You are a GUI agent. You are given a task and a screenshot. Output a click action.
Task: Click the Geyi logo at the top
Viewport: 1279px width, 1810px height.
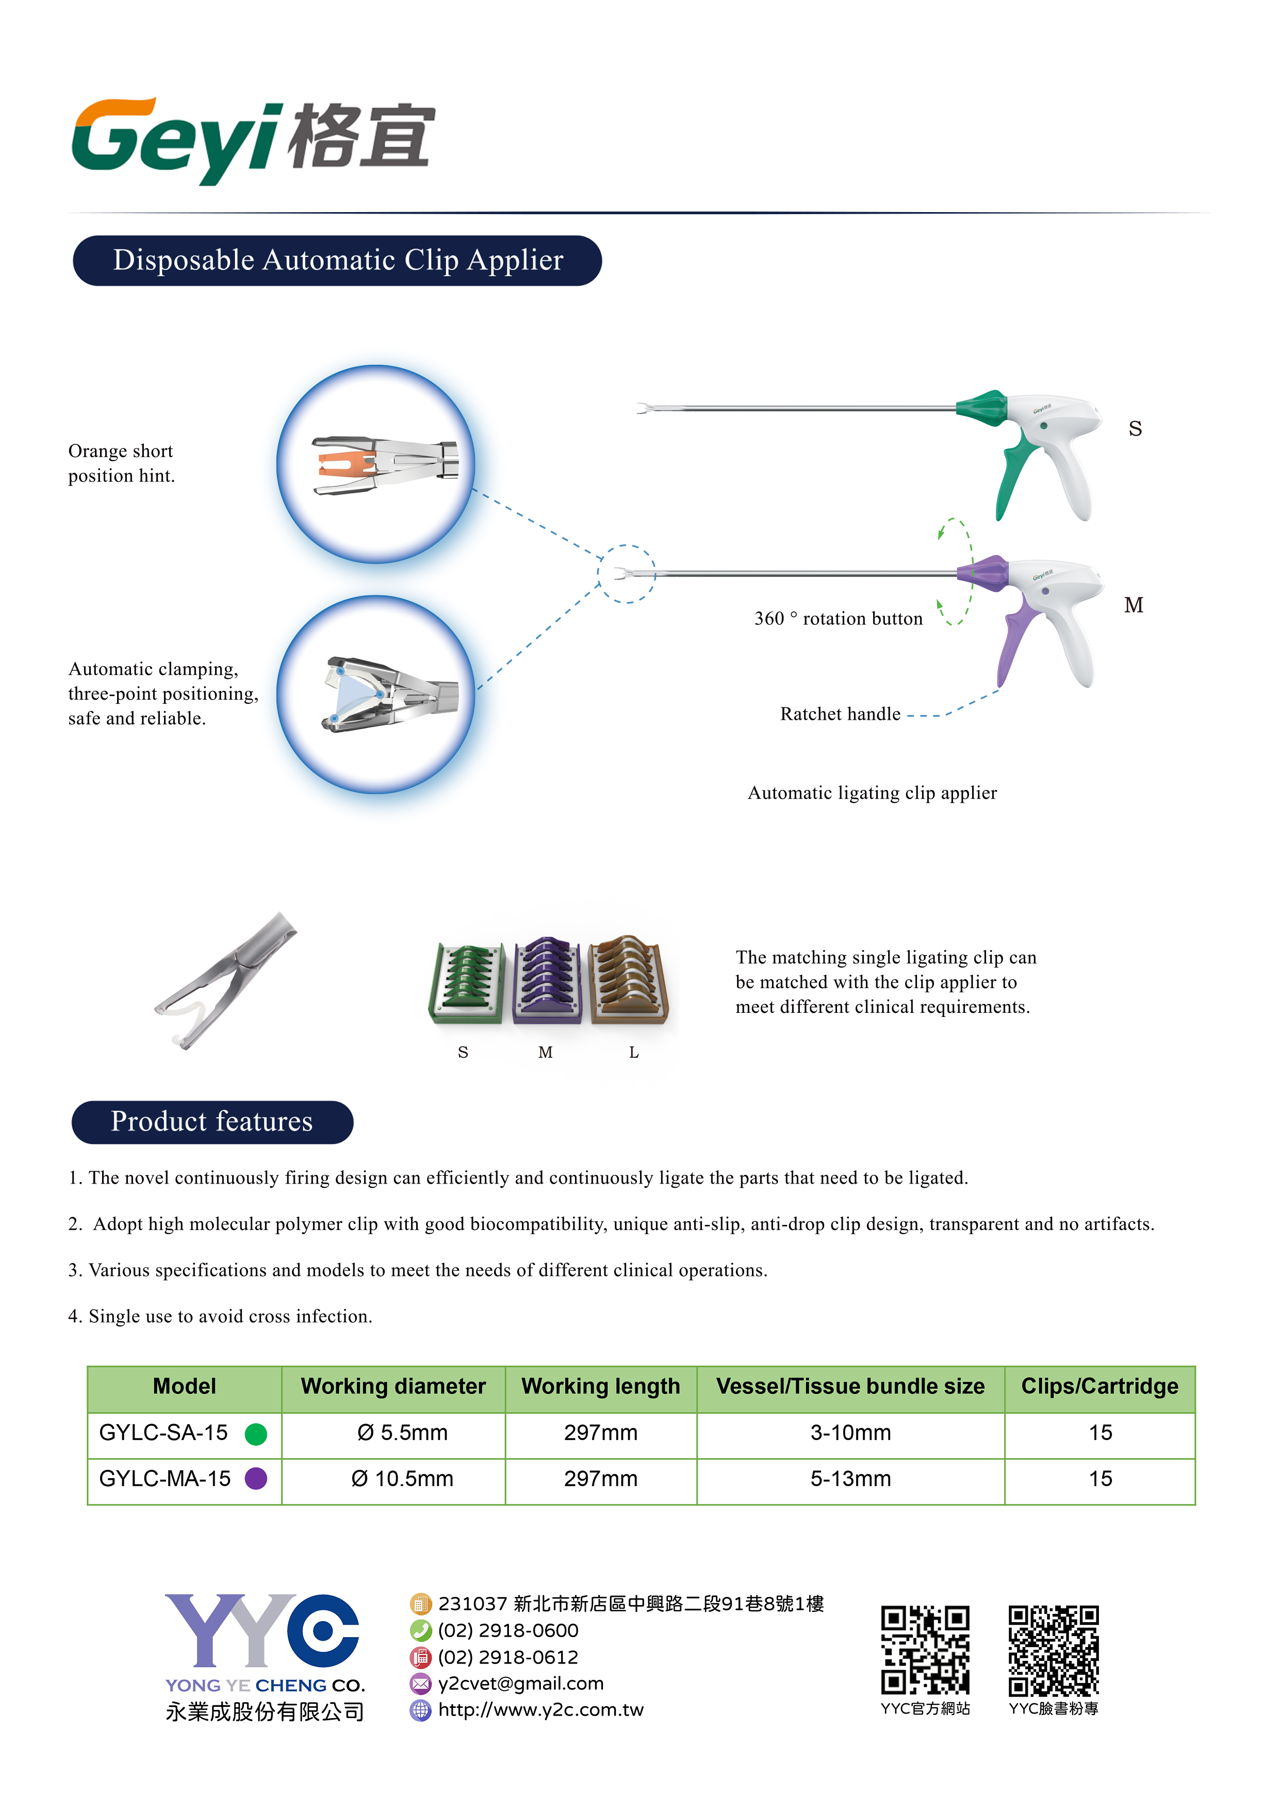pyautogui.click(x=252, y=140)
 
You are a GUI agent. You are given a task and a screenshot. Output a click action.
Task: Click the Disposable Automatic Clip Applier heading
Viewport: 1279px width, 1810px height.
pyautogui.click(x=337, y=260)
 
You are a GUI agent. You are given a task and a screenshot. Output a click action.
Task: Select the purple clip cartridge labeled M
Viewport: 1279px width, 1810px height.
pyautogui.click(x=548, y=981)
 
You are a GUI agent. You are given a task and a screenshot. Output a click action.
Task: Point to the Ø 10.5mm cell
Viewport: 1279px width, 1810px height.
pyautogui.click(x=402, y=1479)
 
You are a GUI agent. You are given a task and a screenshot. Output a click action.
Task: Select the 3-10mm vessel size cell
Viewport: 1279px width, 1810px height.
pyautogui.click(x=850, y=1433)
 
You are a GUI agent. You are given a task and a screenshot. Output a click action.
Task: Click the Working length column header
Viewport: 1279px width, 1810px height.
pyautogui.click(x=600, y=1387)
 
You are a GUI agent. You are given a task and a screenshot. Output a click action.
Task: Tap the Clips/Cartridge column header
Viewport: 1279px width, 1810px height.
pyautogui.click(x=1100, y=1387)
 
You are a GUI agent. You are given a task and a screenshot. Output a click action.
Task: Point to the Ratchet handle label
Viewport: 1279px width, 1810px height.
pyautogui.click(x=840, y=714)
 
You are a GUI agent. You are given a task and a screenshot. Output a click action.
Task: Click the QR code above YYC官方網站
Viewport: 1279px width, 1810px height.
pyautogui.click(x=925, y=1650)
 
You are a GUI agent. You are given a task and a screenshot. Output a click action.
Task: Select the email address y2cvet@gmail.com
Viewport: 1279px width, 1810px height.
pyautogui.click(x=521, y=1684)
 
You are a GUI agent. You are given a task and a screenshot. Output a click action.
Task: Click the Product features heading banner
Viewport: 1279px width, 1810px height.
pyautogui.click(x=212, y=1122)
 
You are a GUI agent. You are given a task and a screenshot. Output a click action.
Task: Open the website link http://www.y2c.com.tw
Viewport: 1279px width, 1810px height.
pyautogui.click(x=540, y=1710)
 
